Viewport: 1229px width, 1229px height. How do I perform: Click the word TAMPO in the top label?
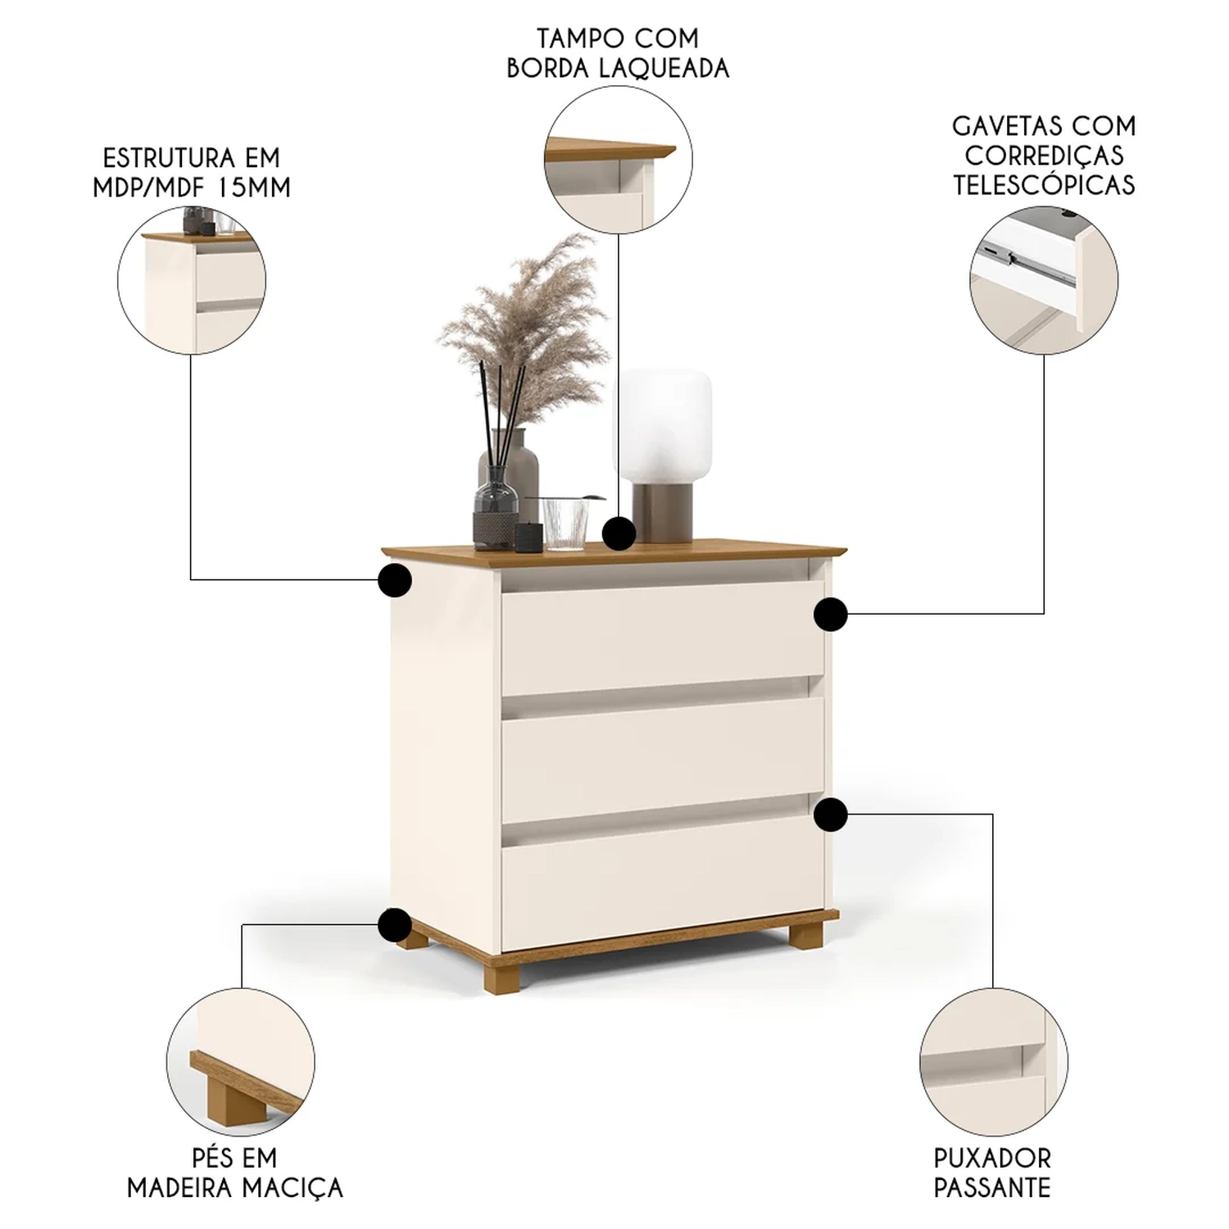pyautogui.click(x=572, y=39)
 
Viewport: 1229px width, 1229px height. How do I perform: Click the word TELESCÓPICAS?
pyautogui.click(x=1044, y=184)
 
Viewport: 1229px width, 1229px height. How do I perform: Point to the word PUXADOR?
pyautogui.click(x=991, y=1158)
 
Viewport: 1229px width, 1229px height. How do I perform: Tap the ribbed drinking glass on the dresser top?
pyautogui.click(x=565, y=522)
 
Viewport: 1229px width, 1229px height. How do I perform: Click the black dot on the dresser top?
pyautogui.click(x=619, y=533)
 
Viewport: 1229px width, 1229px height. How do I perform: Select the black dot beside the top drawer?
pyautogui.click(x=830, y=614)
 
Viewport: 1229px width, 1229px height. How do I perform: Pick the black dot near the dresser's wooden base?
pyautogui.click(x=394, y=924)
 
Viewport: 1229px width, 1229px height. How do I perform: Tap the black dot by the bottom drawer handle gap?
pyautogui.click(x=830, y=814)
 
